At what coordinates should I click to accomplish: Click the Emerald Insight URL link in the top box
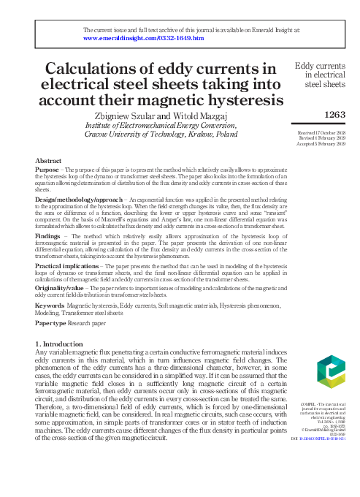click(144, 38)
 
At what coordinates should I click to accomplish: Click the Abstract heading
click(48, 159)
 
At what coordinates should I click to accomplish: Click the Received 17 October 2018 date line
click(321, 132)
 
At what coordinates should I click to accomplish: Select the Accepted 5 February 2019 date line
click(322, 143)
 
